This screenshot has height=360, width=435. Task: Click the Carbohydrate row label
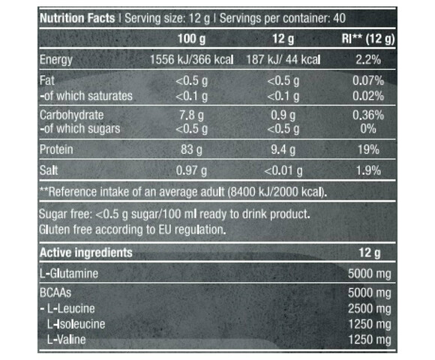pyautogui.click(x=72, y=115)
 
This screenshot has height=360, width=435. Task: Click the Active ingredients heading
pyautogui.click(x=85, y=253)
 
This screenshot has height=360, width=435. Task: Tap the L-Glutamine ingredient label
pyautogui.click(x=70, y=274)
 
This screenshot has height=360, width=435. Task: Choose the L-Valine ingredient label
pyautogui.click(x=66, y=341)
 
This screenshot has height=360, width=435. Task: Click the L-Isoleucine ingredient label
pyautogui.click(x=76, y=324)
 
